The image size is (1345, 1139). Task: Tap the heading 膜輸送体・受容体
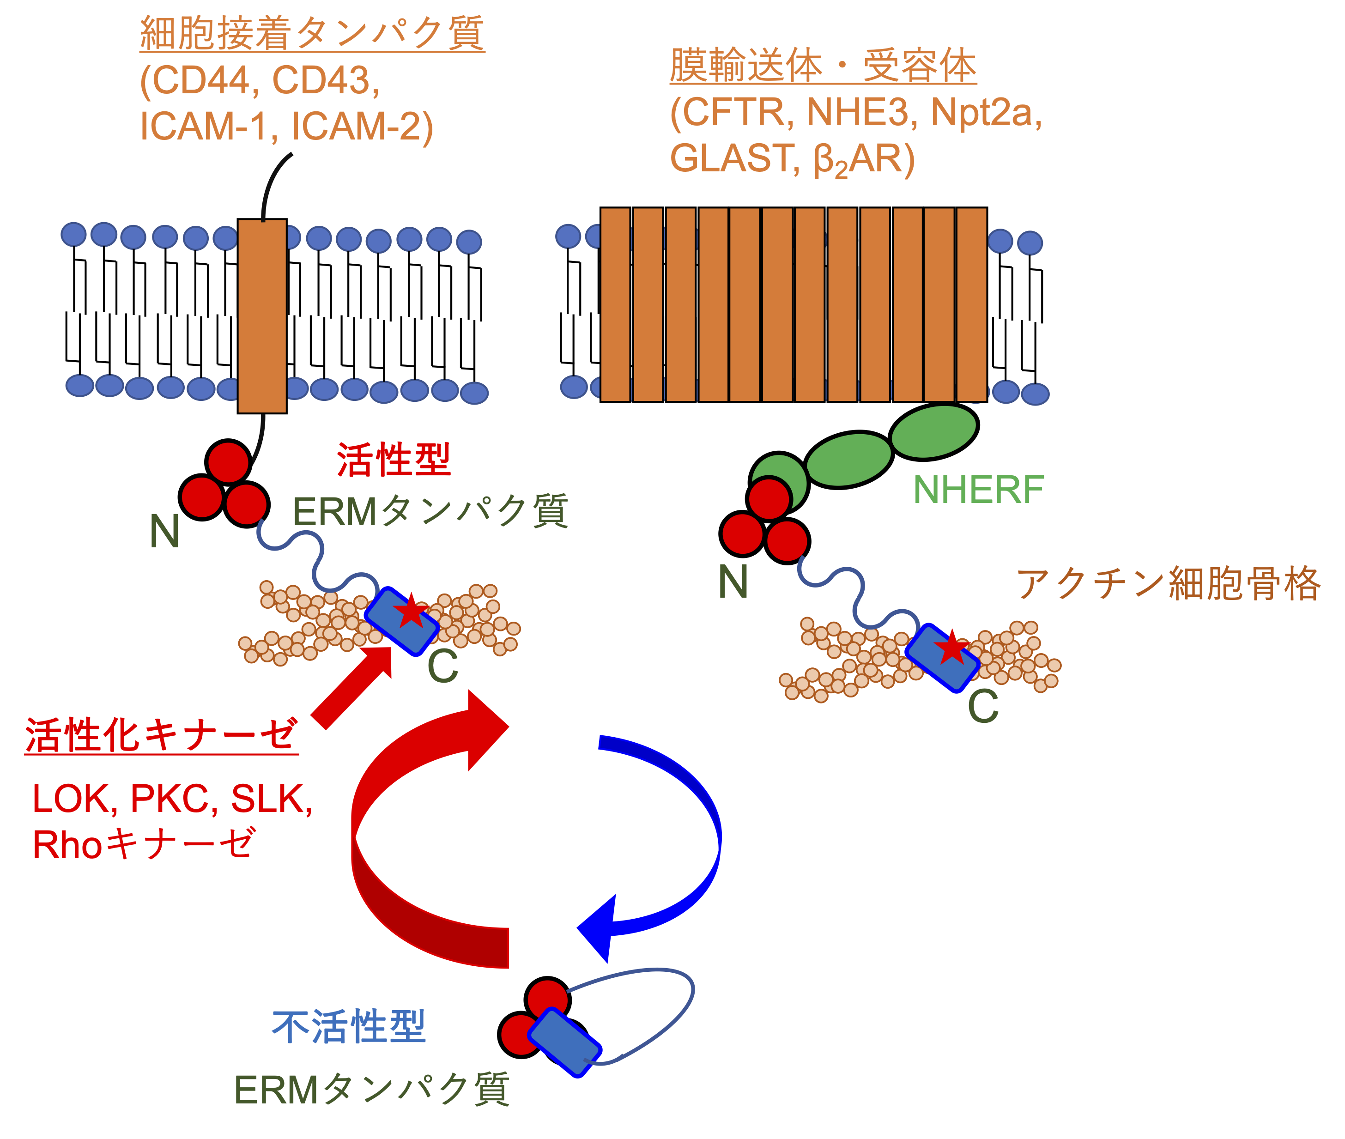pyautogui.click(x=823, y=66)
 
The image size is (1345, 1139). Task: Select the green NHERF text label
pyautogui.click(x=978, y=490)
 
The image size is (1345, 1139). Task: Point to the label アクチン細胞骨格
pyautogui.click(x=1168, y=584)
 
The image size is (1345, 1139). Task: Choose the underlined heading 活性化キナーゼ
pyautogui.click(x=161, y=735)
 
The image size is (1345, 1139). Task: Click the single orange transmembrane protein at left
pyautogui.click(x=262, y=316)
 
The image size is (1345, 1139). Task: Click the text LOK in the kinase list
pyautogui.click(x=70, y=799)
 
